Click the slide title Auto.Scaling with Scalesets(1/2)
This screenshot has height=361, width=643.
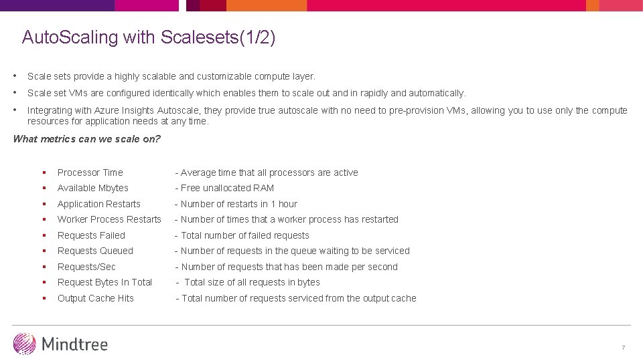(x=149, y=37)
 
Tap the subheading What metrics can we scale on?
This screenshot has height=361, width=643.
(x=87, y=139)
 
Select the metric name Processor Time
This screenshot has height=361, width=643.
(x=90, y=172)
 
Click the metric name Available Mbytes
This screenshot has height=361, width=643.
(x=93, y=188)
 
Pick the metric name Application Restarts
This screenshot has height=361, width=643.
(x=99, y=204)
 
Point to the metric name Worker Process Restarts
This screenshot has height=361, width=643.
(x=109, y=219)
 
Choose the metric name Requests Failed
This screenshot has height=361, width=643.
(x=91, y=235)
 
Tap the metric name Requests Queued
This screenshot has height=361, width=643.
(x=95, y=251)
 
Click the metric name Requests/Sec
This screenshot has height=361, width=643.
(x=86, y=267)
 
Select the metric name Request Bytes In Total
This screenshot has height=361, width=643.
(x=104, y=282)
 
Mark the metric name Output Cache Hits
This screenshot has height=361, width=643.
(x=96, y=298)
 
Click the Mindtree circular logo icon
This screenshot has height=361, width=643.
(x=25, y=344)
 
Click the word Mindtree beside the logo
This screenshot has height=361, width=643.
(x=74, y=344)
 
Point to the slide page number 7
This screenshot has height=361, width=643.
(x=623, y=348)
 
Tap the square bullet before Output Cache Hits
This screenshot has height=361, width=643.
(x=43, y=298)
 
